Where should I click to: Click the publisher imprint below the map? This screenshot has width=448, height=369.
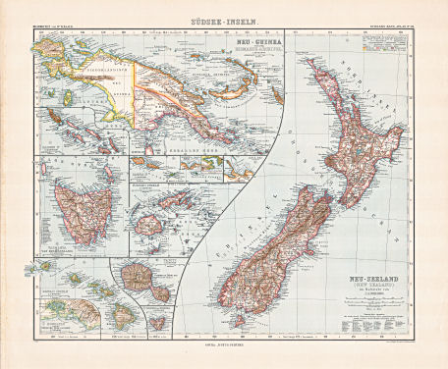[x=223, y=345]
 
